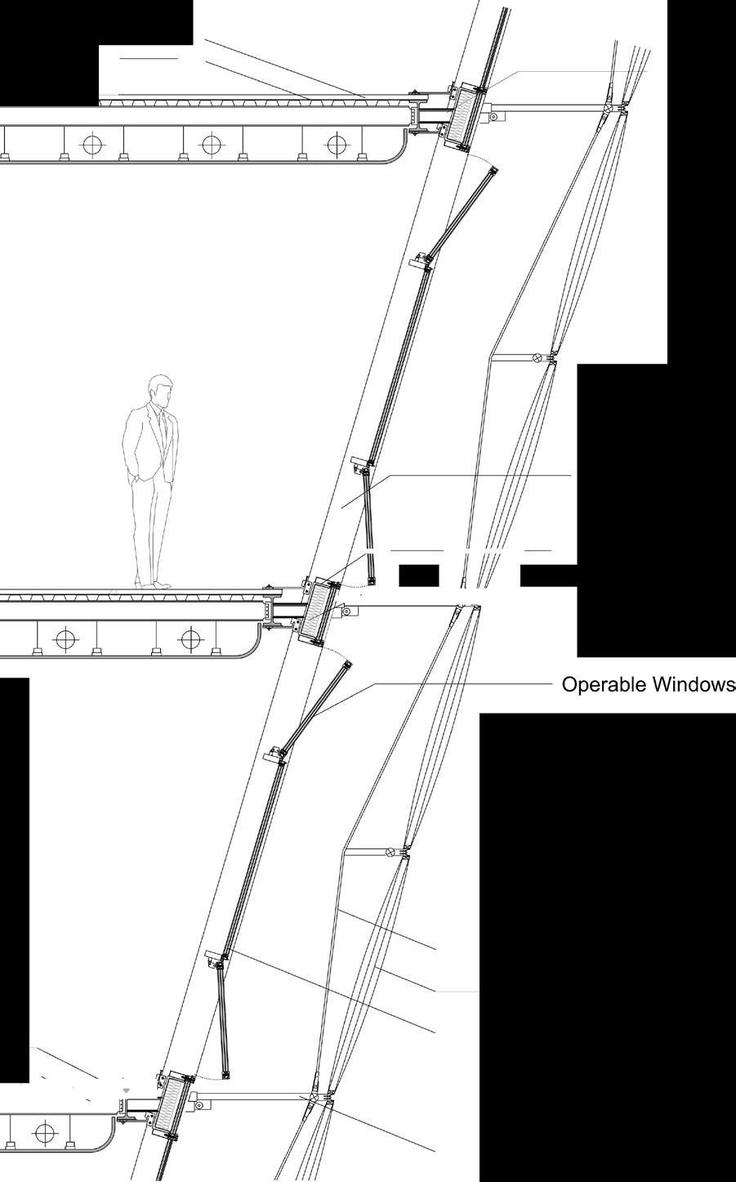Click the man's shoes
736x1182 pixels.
point(154,584)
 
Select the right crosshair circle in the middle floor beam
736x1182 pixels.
point(190,639)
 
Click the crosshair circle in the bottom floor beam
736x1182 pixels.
point(44,1133)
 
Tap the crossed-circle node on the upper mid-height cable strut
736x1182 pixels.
point(538,357)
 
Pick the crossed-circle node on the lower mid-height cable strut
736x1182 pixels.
point(390,853)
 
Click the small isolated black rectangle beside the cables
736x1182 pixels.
point(419,575)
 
